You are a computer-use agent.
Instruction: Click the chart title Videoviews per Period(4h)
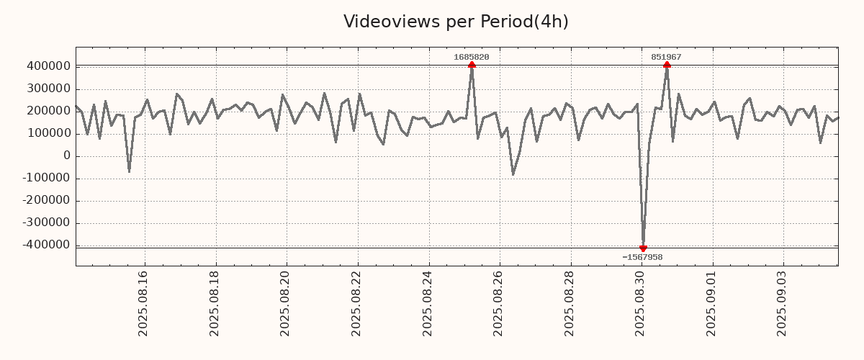point(456,22)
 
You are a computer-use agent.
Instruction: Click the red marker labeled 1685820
point(472,65)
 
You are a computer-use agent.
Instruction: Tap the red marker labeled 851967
point(667,65)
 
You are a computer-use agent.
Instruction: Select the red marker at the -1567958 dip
point(643,248)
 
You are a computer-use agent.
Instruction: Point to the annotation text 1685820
point(472,57)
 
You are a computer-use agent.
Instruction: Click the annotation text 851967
point(666,57)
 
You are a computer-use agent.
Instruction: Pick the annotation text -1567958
point(642,257)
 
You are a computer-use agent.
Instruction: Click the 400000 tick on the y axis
point(48,66)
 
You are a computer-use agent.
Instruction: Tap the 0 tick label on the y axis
point(67,156)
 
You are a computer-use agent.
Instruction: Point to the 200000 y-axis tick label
point(48,111)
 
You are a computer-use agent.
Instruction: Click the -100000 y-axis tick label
point(45,178)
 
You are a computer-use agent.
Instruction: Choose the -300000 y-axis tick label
point(45,222)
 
